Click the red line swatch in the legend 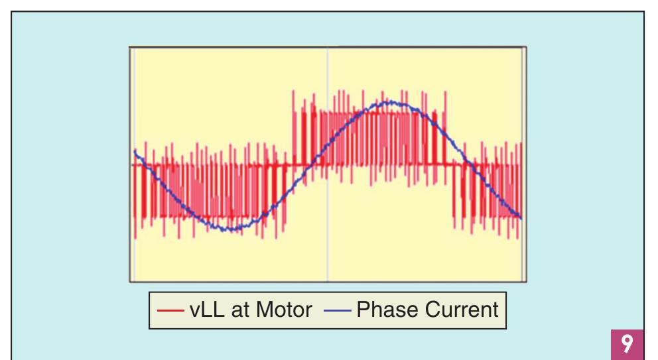pos(171,310)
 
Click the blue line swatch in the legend pos(338,310)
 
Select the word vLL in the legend pos(202,310)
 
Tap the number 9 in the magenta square pos(627,344)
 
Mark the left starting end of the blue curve pos(135,152)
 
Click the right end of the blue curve pos(521,218)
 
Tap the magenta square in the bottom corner pos(627,344)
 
